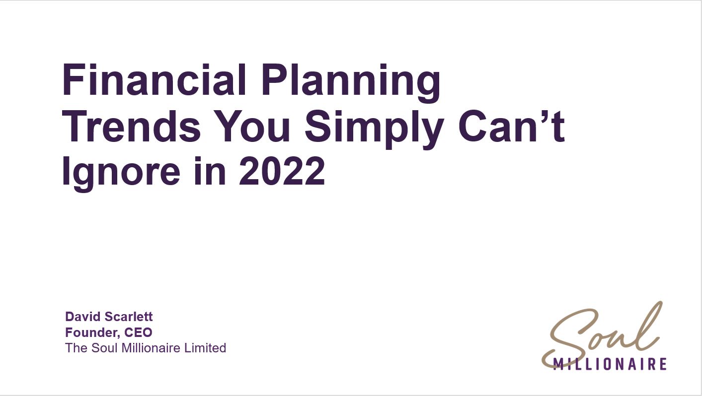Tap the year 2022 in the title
click(x=282, y=171)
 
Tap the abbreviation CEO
click(x=138, y=332)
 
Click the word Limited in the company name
click(x=205, y=348)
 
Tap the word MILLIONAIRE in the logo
click(x=610, y=364)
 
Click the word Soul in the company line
click(x=105, y=348)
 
